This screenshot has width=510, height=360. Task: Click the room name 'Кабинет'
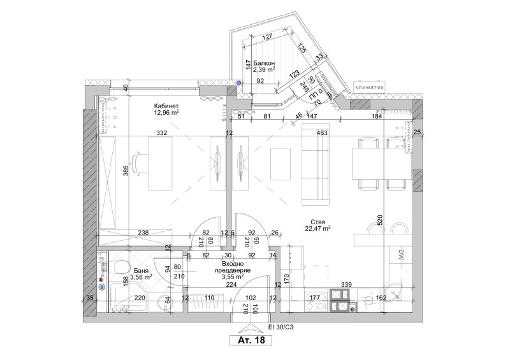click(x=166, y=106)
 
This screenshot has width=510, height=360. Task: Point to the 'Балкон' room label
click(x=264, y=64)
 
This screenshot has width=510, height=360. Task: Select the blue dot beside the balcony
click(x=239, y=83)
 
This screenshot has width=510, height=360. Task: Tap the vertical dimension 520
click(x=380, y=220)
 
